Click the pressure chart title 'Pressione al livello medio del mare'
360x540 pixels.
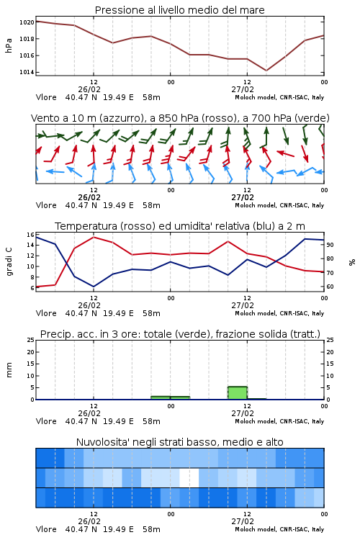[x=179, y=10]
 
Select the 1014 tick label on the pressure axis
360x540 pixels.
[x=27, y=72]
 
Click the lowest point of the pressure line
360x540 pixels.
[x=266, y=71]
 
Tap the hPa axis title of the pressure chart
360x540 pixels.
[x=9, y=45]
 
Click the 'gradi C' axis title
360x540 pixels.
[x=9, y=261]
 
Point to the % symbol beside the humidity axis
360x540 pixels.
[x=352, y=262]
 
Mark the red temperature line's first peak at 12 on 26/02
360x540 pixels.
[x=94, y=237]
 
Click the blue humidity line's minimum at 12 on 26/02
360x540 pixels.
[x=94, y=287]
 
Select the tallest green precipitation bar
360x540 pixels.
[x=238, y=393]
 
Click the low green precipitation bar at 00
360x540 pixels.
[x=170, y=397]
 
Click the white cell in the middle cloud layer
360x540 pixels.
[x=189, y=477]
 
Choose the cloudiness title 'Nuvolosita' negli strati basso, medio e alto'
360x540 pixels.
[x=179, y=442]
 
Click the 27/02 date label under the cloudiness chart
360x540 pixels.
[x=243, y=521]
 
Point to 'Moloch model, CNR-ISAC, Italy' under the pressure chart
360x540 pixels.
[x=279, y=97]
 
